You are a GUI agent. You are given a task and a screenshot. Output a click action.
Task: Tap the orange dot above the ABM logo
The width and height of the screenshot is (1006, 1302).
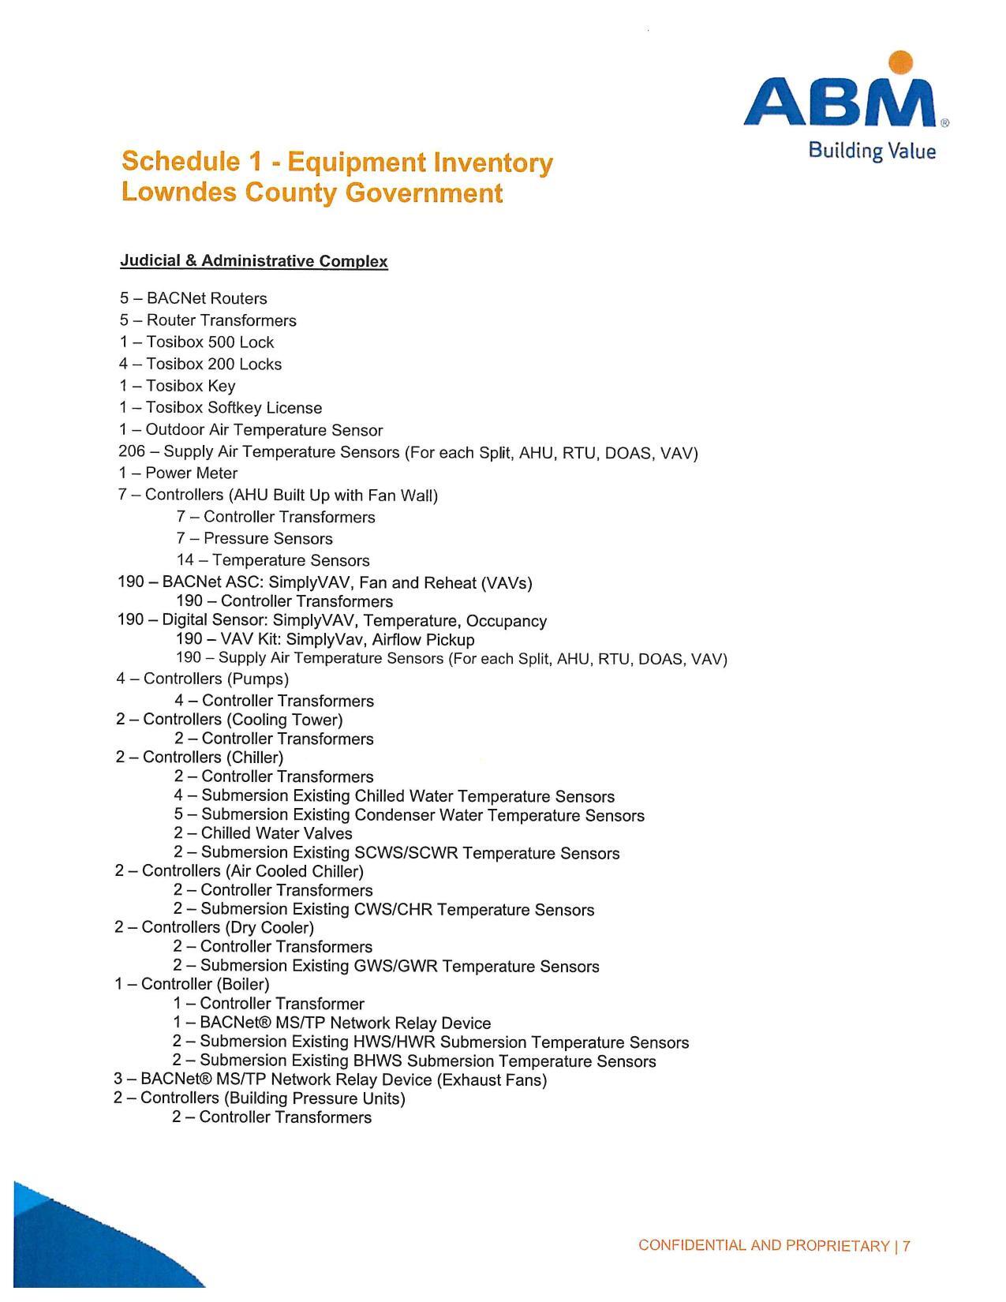pyautogui.click(x=900, y=62)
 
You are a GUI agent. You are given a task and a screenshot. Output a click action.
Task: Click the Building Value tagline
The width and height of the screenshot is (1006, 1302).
pyautogui.click(x=872, y=151)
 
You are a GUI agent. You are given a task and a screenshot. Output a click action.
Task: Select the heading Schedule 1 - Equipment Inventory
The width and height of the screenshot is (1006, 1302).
pyautogui.click(x=337, y=162)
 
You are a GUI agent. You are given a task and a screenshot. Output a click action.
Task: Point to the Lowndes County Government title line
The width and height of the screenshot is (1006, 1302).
pyautogui.click(x=312, y=193)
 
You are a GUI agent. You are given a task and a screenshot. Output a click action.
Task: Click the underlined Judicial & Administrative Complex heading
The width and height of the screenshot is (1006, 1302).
pyautogui.click(x=253, y=261)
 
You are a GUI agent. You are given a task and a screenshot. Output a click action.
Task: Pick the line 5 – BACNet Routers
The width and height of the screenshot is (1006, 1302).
pyautogui.click(x=193, y=298)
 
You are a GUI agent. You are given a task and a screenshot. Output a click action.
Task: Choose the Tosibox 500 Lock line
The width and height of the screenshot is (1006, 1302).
pyautogui.click(x=196, y=342)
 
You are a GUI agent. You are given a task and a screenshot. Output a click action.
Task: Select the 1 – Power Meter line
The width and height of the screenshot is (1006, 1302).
pyautogui.click(x=178, y=473)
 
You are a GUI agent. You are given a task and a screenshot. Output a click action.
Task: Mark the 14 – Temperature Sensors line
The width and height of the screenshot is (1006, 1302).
pyautogui.click(x=273, y=560)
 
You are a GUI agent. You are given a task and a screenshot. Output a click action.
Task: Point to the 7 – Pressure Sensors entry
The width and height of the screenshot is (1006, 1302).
pyautogui.click(x=254, y=539)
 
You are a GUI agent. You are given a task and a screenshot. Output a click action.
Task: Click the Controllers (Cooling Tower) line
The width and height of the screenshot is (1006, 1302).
pyautogui.click(x=229, y=720)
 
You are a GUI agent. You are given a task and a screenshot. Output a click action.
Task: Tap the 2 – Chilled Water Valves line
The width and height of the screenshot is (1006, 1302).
pyautogui.click(x=263, y=833)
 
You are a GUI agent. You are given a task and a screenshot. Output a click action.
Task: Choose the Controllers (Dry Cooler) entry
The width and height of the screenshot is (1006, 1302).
pyautogui.click(x=214, y=927)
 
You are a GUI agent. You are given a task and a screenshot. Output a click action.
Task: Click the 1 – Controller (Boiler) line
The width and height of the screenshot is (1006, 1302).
pyautogui.click(x=192, y=984)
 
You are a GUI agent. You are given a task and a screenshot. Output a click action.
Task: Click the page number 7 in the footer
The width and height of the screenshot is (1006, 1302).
pyautogui.click(x=907, y=1246)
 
